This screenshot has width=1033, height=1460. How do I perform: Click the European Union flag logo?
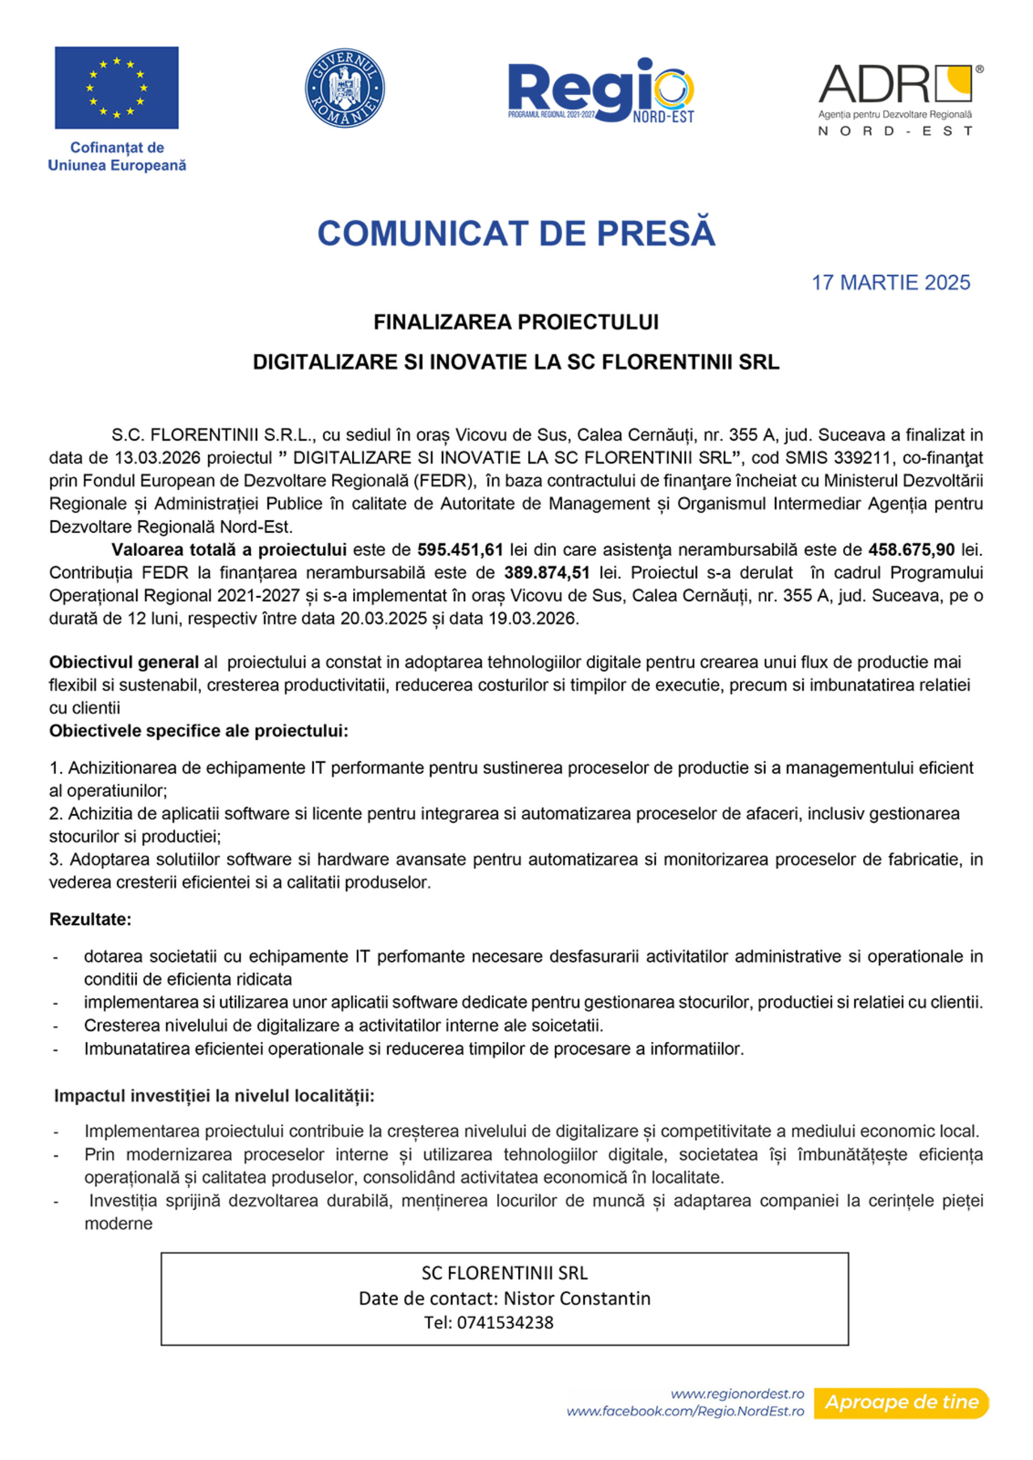pos(116,88)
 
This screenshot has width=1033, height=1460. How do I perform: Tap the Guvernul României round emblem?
pos(345,88)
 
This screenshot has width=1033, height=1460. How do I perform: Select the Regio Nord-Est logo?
pos(600,91)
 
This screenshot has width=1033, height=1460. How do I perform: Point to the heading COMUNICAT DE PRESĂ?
pos(516,233)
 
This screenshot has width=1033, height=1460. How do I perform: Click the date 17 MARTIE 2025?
pos(890,283)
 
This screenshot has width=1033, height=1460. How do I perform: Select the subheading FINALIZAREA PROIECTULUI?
pos(516,322)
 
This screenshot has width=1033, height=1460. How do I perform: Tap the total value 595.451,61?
pos(460,549)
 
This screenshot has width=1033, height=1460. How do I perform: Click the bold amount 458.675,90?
pos(911,549)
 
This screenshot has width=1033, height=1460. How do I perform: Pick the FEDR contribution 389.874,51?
pos(547,573)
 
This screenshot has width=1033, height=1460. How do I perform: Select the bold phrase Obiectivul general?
pos(124,662)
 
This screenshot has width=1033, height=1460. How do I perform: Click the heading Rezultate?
pos(90,919)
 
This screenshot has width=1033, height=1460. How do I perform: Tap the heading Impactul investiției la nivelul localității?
pos(214,1096)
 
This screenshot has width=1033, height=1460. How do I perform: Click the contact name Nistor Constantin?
pos(577,1298)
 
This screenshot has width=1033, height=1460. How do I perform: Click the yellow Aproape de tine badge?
pos(901,1402)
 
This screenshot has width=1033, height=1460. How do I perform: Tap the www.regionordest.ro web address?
pos(737,1394)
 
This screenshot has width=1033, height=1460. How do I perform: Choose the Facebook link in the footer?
pos(685,1411)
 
